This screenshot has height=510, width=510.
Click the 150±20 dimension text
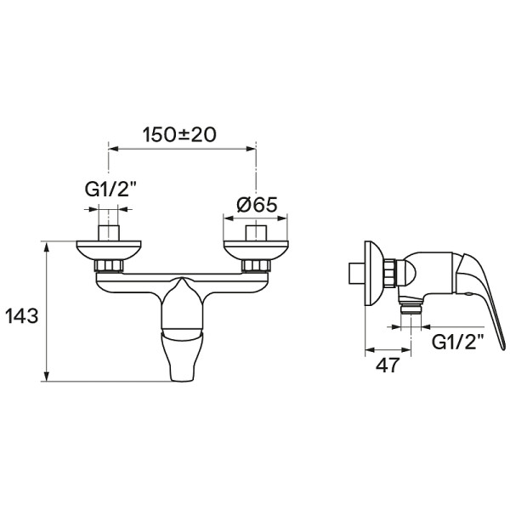point(179,134)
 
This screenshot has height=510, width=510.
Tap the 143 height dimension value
point(22,315)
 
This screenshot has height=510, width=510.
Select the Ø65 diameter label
point(257,205)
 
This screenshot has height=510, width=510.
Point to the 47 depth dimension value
point(387,365)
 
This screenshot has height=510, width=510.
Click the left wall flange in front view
point(109,251)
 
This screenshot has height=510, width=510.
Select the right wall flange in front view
point(256,251)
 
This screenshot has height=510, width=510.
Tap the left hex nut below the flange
point(109,265)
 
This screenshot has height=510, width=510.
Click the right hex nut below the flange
point(256,265)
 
